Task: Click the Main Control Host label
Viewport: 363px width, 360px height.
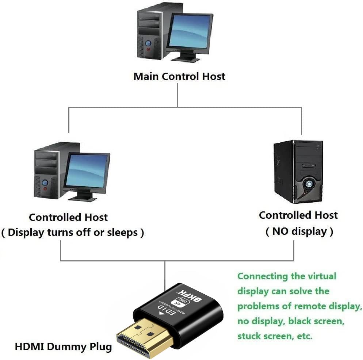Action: pos(179,77)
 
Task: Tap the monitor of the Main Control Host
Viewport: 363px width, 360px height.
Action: pos(189,32)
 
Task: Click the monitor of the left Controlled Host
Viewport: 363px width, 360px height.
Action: pos(87,171)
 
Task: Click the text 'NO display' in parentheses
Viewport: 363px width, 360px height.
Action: pos(299,231)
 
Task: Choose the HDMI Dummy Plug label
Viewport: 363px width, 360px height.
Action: pos(63,346)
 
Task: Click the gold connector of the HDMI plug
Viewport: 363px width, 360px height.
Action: pos(146,336)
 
